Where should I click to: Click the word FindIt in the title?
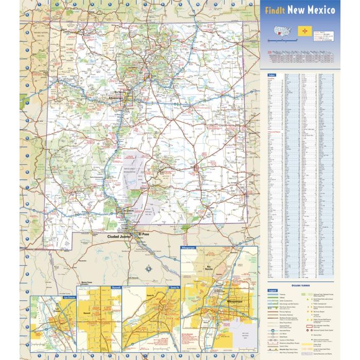pyautogui.click(x=275, y=10)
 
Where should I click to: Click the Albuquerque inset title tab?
pyautogui.click(x=189, y=247)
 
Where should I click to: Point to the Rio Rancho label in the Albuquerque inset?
pyautogui.click(x=223, y=267)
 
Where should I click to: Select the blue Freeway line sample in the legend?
pyautogui.click(x=271, y=295)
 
